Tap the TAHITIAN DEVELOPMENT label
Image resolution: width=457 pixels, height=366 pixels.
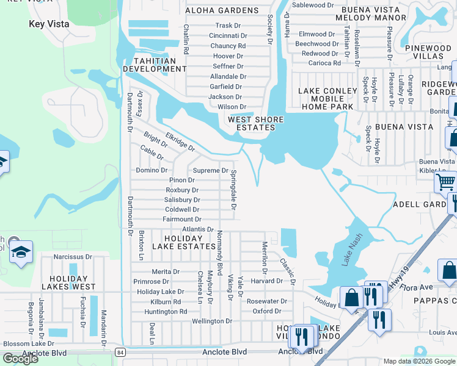(x=155, y=65)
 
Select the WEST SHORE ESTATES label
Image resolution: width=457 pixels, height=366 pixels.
(x=252, y=123)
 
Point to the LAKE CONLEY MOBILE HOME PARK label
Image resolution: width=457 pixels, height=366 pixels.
(x=326, y=99)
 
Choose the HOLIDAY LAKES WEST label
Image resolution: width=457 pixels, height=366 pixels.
(x=68, y=282)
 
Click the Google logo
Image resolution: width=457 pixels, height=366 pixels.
(x=20, y=359)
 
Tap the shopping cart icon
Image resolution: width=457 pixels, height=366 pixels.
(x=445, y=181)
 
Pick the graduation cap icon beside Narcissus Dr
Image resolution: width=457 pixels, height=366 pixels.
(x=21, y=253)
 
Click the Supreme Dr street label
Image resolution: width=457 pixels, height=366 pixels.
(x=210, y=171)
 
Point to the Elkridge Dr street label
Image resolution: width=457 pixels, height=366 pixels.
(x=180, y=143)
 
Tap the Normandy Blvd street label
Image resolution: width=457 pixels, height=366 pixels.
(x=219, y=250)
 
